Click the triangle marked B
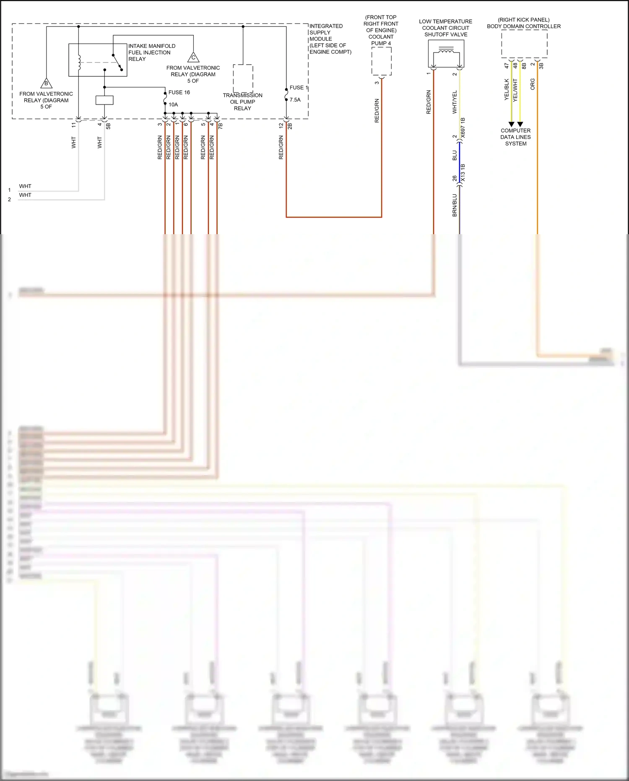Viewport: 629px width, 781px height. tap(46, 83)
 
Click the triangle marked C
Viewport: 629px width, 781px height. tap(193, 57)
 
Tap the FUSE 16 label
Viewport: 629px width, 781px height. tap(179, 92)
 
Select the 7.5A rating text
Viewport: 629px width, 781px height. tap(295, 100)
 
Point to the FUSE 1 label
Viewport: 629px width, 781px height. tap(299, 88)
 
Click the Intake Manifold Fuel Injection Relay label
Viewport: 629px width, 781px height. tap(151, 52)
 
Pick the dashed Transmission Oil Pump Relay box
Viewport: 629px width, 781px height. tap(243, 78)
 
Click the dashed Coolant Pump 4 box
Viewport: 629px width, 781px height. tap(382, 61)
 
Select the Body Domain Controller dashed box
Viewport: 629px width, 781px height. tap(524, 44)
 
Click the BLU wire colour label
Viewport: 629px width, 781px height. tap(455, 156)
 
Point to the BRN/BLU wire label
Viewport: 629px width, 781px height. tap(455, 205)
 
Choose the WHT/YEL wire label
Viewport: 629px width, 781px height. tap(455, 102)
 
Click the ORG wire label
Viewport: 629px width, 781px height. tap(533, 84)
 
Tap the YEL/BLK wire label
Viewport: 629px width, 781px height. tap(507, 89)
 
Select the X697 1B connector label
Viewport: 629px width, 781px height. tap(463, 128)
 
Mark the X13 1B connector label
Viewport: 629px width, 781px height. tap(463, 173)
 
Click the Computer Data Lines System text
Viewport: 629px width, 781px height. tap(515, 137)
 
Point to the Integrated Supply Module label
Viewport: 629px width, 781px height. tap(330, 39)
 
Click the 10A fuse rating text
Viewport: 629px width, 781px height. tap(173, 104)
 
